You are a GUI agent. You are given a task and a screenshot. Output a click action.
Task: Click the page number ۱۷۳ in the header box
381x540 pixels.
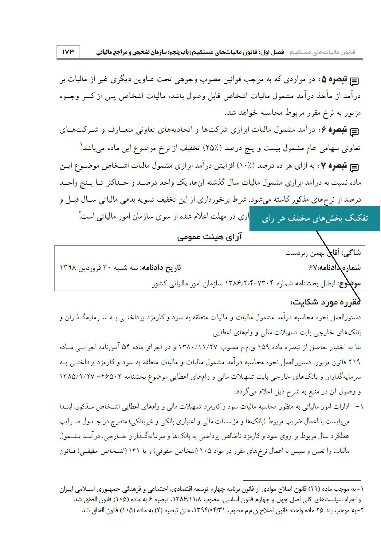68,52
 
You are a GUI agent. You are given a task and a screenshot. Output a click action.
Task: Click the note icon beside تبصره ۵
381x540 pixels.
354,81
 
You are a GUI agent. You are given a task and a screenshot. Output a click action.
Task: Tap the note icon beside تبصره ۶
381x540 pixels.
354,132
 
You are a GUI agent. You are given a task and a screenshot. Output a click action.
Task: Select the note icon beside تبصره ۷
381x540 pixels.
354,167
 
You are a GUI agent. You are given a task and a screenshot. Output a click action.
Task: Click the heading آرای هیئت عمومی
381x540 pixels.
210,237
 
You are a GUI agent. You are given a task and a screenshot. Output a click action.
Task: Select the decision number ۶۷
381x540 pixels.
312,268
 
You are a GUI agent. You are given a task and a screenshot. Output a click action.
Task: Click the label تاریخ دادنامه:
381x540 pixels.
161,268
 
